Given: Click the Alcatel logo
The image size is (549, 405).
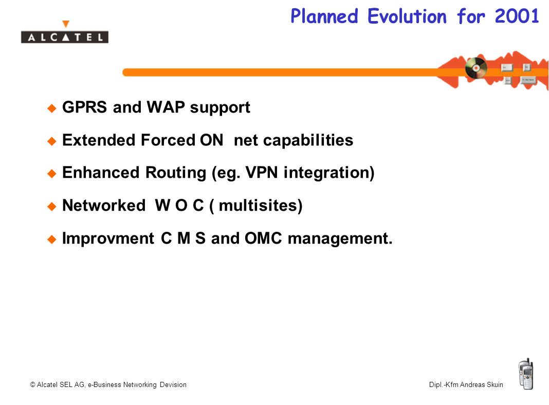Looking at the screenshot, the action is point(65,37).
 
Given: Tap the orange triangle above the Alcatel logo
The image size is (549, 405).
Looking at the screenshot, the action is point(65,24).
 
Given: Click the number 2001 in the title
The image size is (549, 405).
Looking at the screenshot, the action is point(517,16).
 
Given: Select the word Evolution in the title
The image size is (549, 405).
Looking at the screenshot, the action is point(407,16).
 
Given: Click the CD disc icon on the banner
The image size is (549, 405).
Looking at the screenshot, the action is point(476,67).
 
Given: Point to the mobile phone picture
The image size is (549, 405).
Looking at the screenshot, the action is point(526,374).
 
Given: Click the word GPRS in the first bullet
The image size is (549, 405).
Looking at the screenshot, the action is point(84,107).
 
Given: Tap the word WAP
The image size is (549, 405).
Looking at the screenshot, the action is point(166,107).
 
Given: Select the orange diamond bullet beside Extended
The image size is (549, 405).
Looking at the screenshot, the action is point(52,141).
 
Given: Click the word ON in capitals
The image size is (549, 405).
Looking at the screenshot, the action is point(211,140).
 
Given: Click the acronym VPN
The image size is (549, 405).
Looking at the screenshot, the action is point(262,173).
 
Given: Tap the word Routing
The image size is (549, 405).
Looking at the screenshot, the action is point(176,173).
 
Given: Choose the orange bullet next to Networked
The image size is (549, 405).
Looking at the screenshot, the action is point(52,207).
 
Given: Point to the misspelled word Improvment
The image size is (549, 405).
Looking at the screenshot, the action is point(108,238).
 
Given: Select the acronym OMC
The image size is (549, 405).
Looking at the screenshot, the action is point(263,238).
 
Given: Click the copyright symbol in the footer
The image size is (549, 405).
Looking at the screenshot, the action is point(32,384).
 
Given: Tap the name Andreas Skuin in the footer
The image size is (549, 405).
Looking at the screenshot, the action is point(482,384).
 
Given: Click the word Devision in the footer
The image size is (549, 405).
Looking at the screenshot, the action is point(173,384).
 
